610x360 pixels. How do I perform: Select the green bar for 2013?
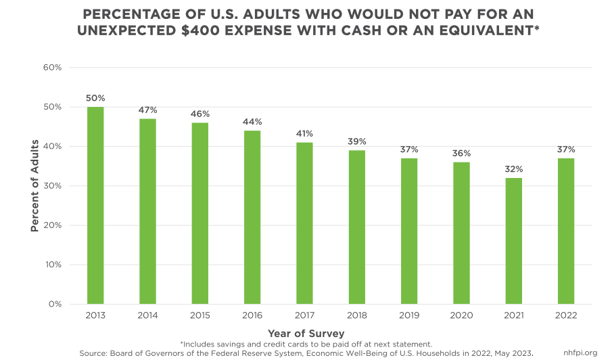95,205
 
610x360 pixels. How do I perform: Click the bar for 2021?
514,240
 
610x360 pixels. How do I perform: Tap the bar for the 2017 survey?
304,223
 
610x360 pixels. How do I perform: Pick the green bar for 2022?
566,231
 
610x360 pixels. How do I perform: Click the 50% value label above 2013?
95,99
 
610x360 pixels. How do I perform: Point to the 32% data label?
514,169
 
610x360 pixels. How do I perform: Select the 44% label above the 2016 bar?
252,122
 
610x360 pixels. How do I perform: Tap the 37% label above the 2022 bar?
566,150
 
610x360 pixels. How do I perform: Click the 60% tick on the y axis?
52,68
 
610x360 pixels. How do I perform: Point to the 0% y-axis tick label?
55,304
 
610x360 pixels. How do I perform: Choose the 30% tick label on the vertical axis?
52,186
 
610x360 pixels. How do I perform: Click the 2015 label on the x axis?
200,316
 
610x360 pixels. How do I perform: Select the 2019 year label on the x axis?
409,316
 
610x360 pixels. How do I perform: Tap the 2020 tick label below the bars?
461,316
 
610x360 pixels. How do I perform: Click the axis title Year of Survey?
305,333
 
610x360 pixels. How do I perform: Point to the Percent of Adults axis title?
34,186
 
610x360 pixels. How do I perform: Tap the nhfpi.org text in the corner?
580,353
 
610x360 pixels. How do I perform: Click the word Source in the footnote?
94,353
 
